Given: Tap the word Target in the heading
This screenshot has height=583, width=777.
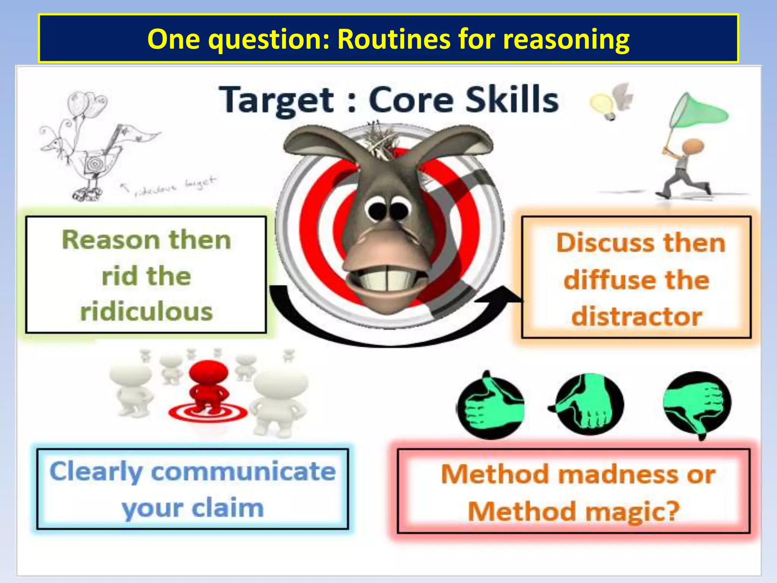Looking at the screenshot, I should click(277, 100).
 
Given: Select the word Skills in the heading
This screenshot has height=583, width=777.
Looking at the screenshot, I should click(512, 99).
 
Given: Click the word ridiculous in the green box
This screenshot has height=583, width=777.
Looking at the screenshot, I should click(146, 312).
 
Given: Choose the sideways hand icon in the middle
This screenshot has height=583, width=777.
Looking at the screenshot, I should click(588, 404).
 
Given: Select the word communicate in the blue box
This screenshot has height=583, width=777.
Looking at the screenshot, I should click(243, 472).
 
